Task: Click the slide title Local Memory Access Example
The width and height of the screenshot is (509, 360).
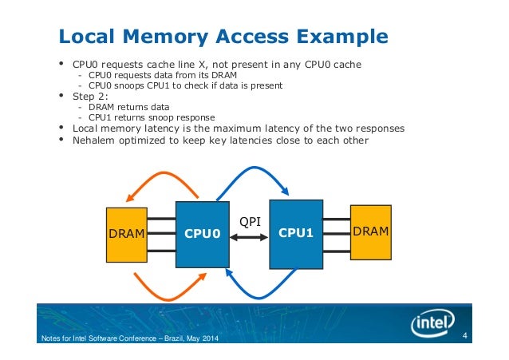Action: [x=224, y=37]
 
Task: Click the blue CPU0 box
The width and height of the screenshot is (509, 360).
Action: [x=202, y=234]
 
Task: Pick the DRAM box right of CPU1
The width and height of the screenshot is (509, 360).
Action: [x=372, y=231]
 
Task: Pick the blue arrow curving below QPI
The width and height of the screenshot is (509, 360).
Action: [x=263, y=294]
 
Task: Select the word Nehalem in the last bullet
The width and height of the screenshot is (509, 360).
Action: [x=94, y=140]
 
